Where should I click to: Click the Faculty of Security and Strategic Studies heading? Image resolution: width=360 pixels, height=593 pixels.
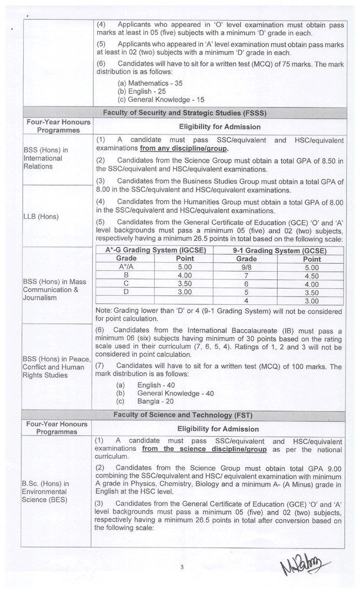coord(184,113)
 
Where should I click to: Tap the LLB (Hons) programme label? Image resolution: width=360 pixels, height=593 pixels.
coord(41,217)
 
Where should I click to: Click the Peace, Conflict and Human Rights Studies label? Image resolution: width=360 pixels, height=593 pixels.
coord(53,367)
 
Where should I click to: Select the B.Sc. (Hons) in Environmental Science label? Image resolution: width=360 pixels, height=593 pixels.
coord(45,491)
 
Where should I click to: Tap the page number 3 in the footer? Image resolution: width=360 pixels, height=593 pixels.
coord(182,567)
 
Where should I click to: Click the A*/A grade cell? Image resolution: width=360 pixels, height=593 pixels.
coord(125,267)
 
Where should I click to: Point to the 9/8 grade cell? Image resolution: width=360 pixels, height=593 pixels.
coord(246,267)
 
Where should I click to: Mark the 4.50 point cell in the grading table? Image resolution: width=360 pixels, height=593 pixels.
coord(311,276)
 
